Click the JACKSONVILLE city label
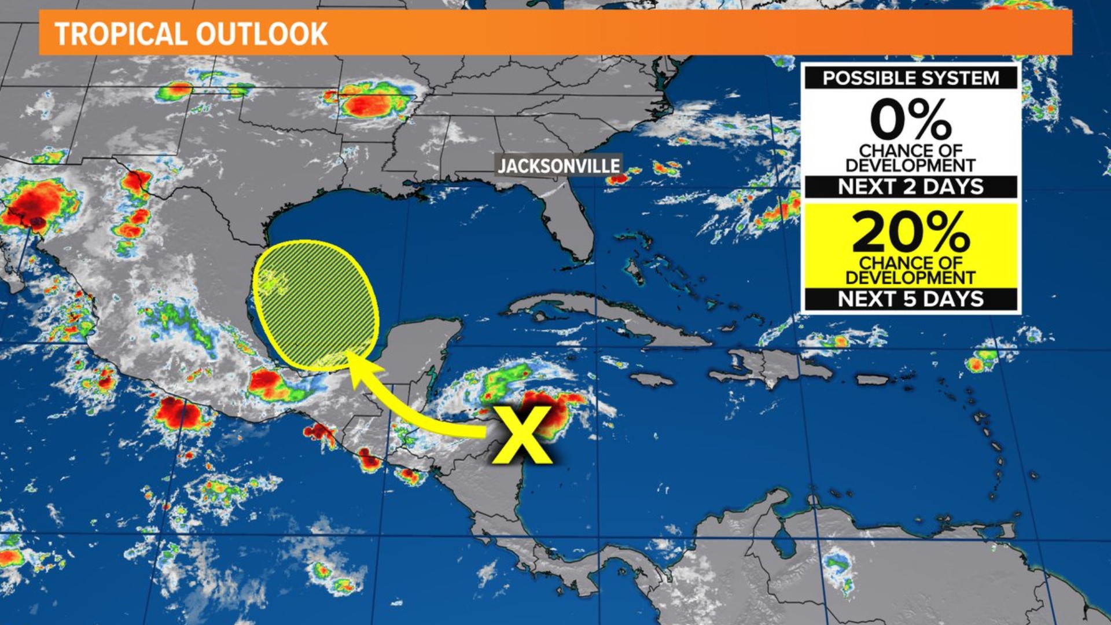558,166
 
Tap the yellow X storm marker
522,435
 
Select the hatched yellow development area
315,305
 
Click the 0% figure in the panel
910,119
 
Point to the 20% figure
910,231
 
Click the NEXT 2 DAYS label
910,187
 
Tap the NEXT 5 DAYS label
910,299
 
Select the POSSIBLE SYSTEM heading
910,78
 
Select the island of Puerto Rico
871,380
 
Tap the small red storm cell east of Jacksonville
617,179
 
